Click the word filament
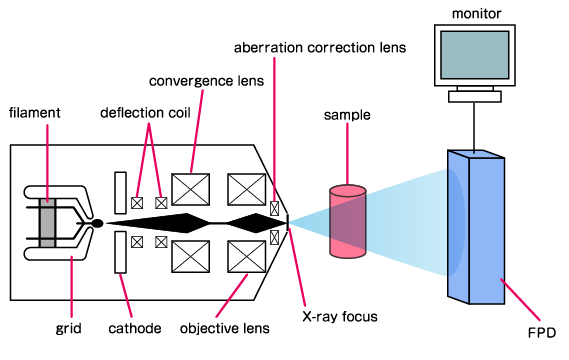[x=33, y=113]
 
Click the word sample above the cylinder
[x=346, y=115]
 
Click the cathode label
[x=136, y=327]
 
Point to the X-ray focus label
[x=339, y=317]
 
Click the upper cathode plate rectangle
[x=120, y=192]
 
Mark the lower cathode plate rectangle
[x=120, y=251]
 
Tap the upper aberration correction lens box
[x=275, y=209]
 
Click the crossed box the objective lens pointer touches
[x=246, y=256]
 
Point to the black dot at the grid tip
[x=97, y=222]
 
